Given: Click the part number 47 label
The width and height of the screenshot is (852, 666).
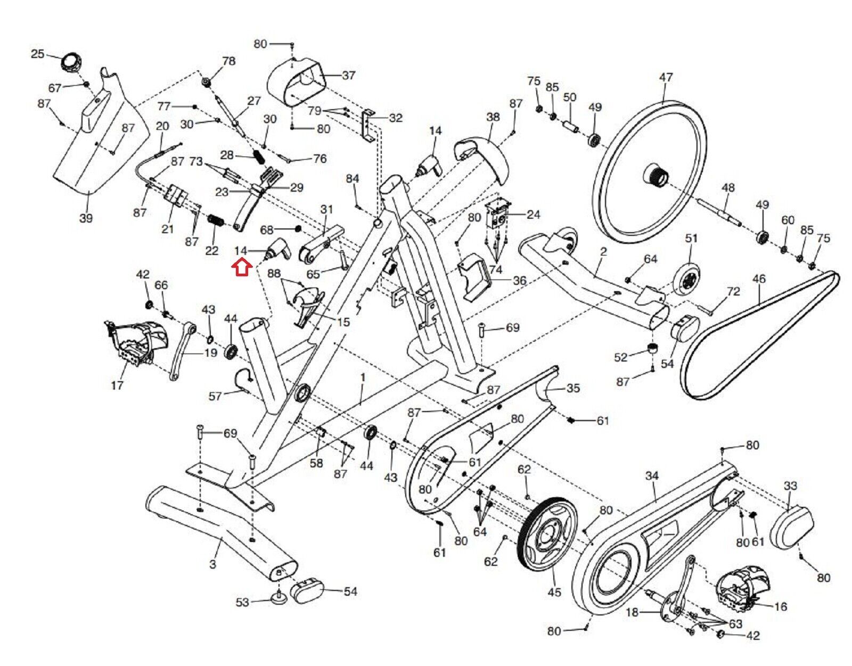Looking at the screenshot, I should (x=666, y=77).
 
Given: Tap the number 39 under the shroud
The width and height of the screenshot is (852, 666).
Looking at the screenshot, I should (x=86, y=218).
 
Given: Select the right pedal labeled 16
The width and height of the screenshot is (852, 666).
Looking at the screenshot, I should (x=740, y=591).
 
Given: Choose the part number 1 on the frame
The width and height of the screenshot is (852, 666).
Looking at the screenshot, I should (x=363, y=377).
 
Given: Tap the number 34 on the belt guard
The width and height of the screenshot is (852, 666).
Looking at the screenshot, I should (x=652, y=475).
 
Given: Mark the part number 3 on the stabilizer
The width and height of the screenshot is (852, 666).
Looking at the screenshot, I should (x=212, y=563).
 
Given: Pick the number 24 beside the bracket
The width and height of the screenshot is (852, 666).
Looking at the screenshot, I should (x=532, y=215).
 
